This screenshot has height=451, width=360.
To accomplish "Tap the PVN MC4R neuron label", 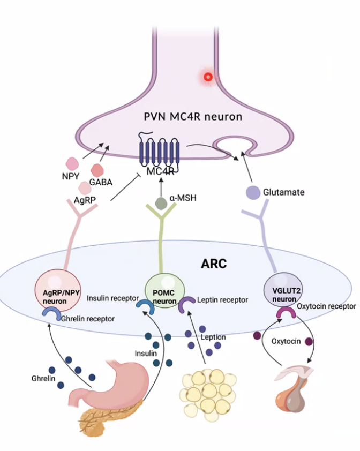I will click(193, 116).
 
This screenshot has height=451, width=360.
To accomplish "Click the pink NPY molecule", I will click(72, 163).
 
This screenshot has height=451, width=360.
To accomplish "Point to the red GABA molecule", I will click(98, 170).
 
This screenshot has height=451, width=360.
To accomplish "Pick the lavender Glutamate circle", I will click(253, 192).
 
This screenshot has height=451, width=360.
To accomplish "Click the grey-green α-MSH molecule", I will click(161, 203).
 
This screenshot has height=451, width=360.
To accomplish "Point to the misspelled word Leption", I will click(213, 337).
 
